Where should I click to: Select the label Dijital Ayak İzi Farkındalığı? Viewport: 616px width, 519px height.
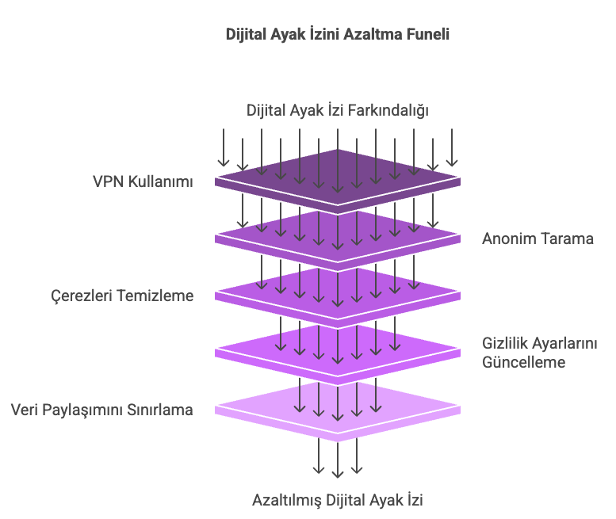click(338, 110)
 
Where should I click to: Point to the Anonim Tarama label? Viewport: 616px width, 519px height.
click(538, 239)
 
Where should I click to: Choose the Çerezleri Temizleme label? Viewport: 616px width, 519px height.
click(122, 296)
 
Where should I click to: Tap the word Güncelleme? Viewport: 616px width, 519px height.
click(524, 362)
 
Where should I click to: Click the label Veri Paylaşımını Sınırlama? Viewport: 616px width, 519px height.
click(101, 410)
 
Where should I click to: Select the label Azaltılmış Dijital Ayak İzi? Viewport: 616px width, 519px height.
click(338, 500)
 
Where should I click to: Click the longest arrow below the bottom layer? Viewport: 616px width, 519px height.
click(338, 460)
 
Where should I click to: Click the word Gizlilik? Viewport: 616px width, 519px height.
click(508, 343)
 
